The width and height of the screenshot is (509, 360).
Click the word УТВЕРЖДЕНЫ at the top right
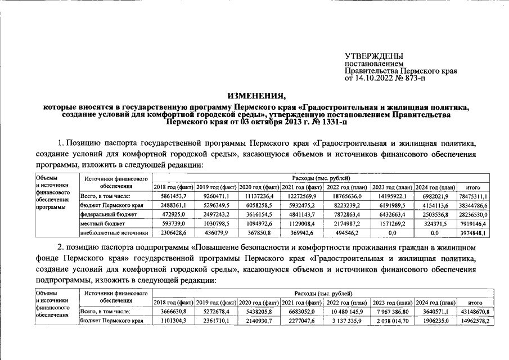tap(374, 56)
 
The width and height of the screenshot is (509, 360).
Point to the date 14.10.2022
tap(375, 78)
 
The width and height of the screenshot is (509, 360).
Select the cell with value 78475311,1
tap(473, 196)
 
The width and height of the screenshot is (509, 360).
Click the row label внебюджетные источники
tap(114, 232)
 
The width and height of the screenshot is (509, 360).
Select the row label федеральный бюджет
tap(109, 214)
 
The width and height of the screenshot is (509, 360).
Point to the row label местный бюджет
tap(103, 223)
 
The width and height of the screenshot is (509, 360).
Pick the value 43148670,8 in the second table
tap(473, 311)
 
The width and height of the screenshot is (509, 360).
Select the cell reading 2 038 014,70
tap(391, 321)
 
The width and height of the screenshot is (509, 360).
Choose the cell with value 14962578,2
tap(473, 321)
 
